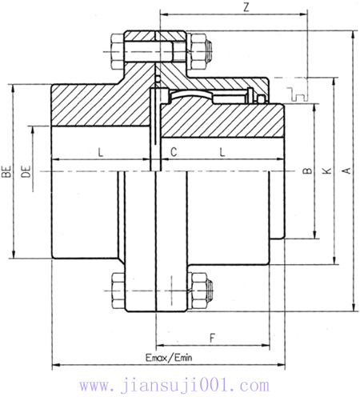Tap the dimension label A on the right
click(346, 170)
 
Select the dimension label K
click(326, 170)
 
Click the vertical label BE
click(6, 170)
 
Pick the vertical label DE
click(26, 170)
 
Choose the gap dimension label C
click(173, 151)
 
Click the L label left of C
click(100, 151)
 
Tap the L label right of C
click(221, 151)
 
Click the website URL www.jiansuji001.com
click(180, 386)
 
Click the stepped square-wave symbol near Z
click(299, 90)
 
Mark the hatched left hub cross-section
click(96, 104)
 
